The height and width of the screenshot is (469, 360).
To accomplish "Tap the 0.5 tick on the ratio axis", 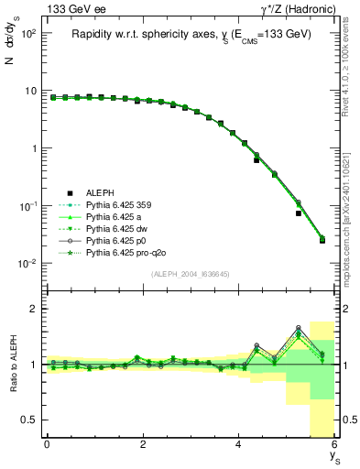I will (28, 420).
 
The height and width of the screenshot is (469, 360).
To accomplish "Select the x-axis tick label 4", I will (238, 445).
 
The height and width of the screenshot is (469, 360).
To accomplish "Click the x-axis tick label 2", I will (142, 445).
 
